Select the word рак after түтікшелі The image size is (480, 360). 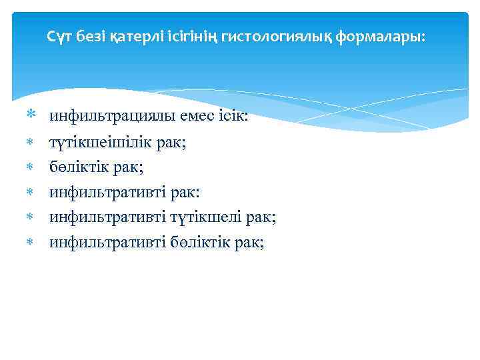[x=261, y=218]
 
